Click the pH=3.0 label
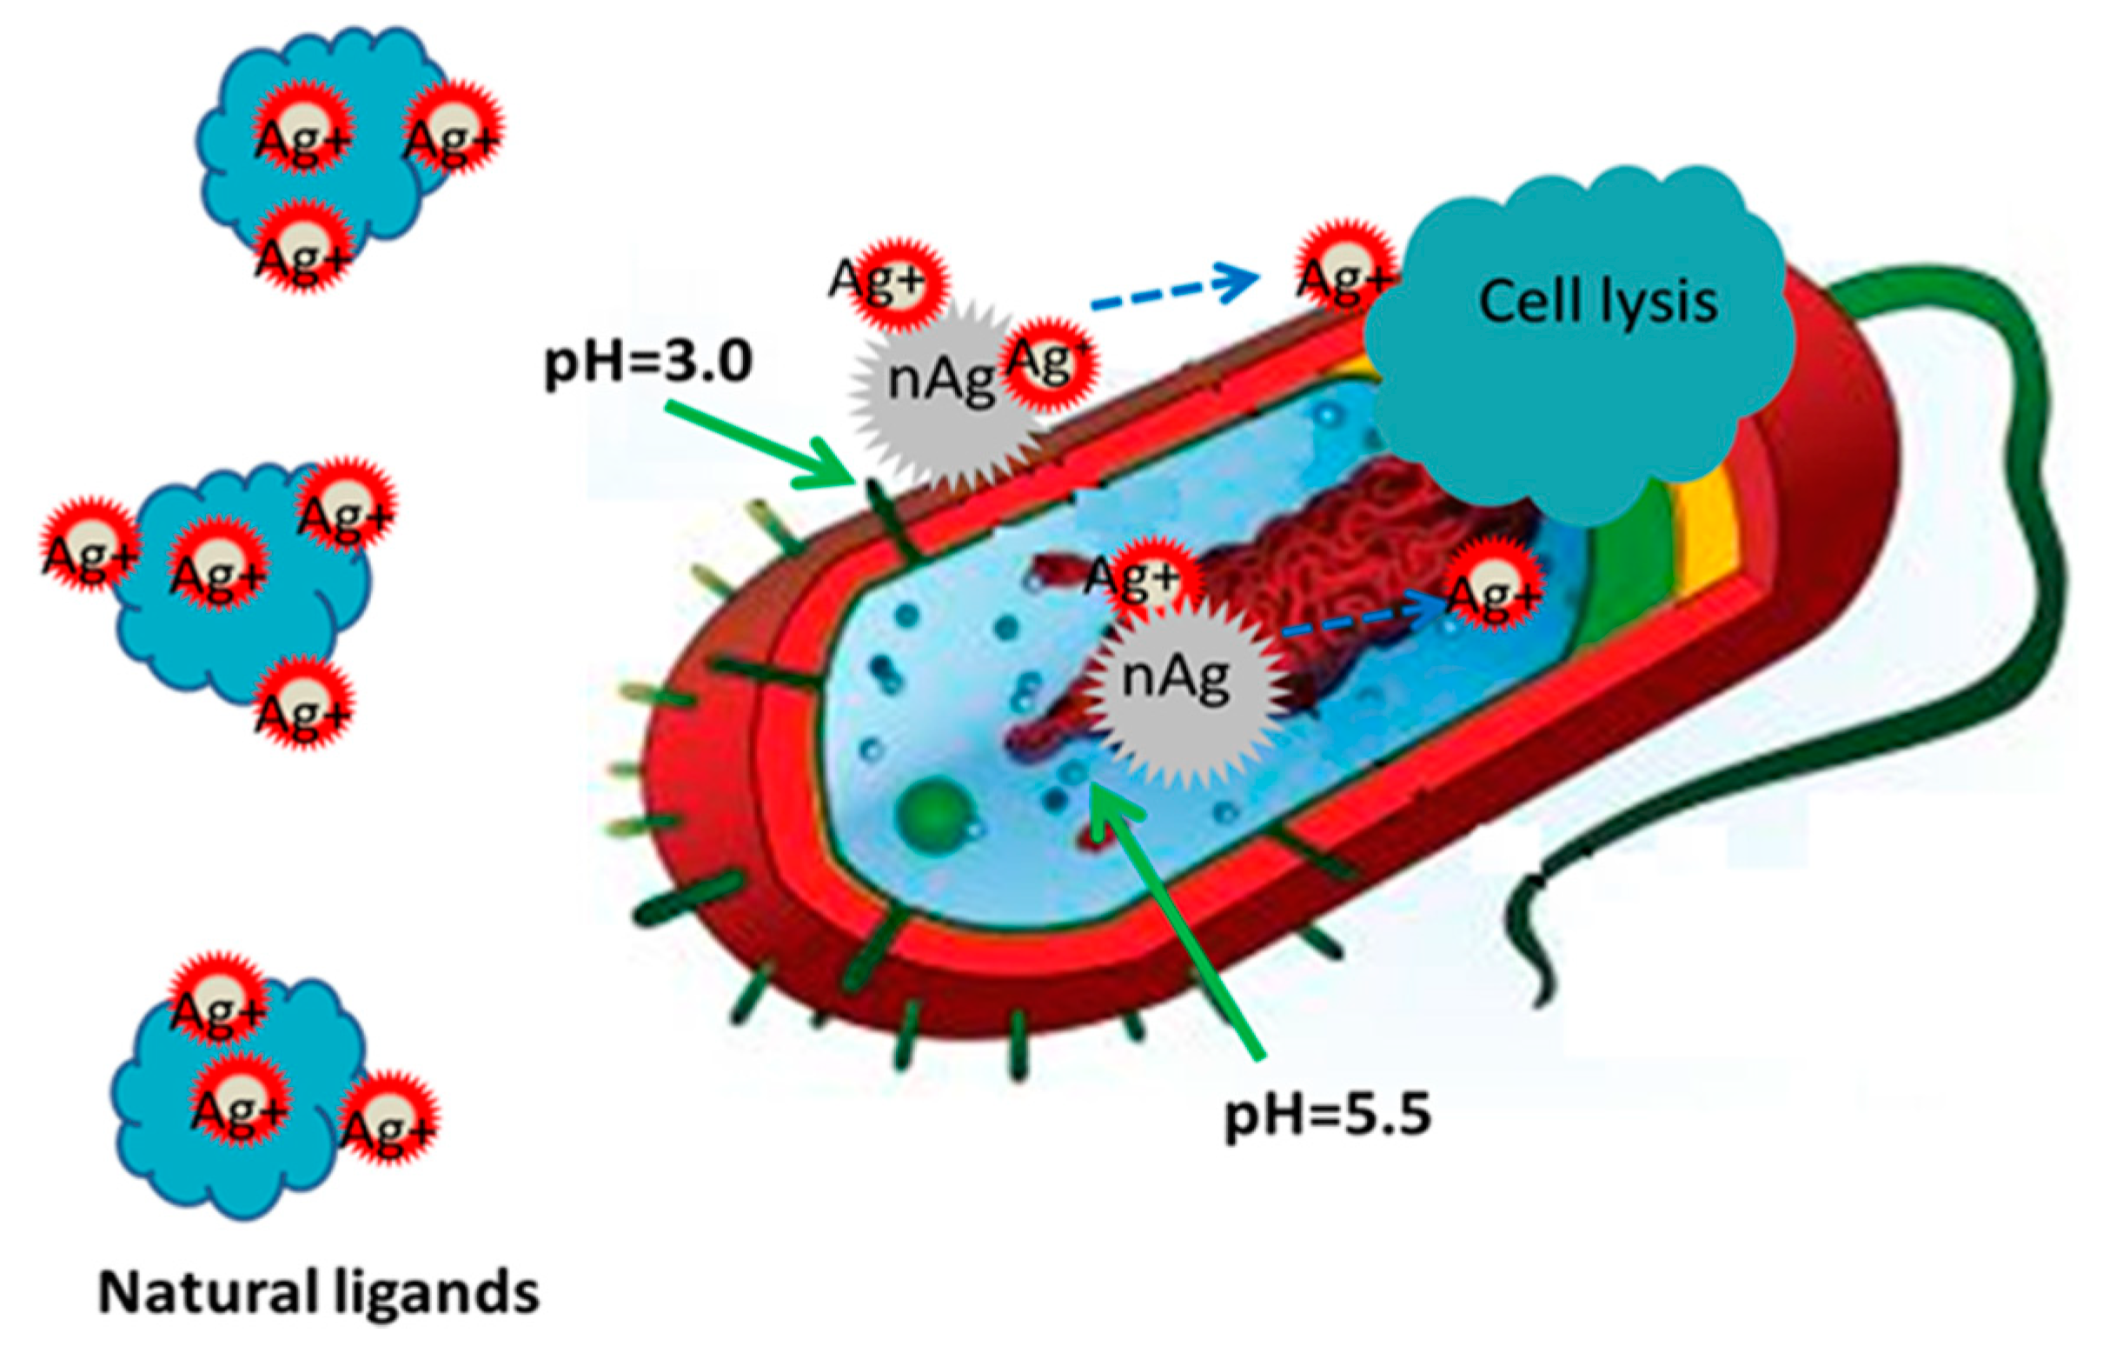tap(649, 363)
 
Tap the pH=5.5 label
tap(1328, 1116)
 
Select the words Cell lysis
tap(1597, 302)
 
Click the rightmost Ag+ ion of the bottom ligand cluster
tap(388, 1120)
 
